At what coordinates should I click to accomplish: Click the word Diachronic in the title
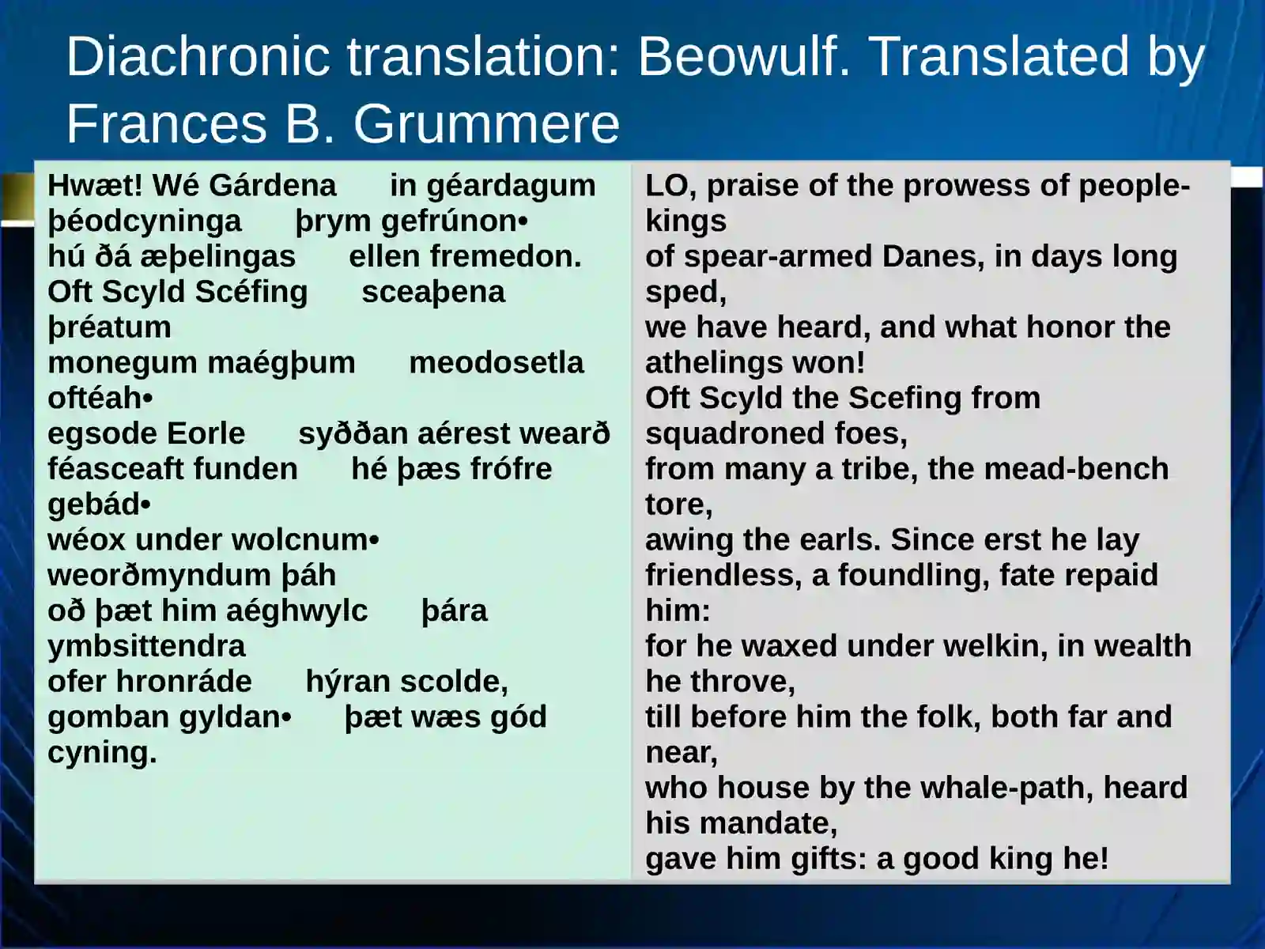pyautogui.click(x=198, y=56)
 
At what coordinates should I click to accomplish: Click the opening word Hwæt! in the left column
pyautogui.click(x=95, y=186)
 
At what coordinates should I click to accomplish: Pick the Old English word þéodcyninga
pyautogui.click(x=145, y=222)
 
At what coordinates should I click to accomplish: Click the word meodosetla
pyautogui.click(x=497, y=363)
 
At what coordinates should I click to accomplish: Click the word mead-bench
pyautogui.click(x=1077, y=469)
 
